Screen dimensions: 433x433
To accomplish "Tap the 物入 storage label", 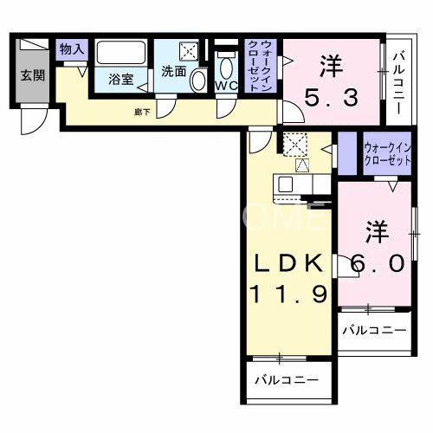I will tap(71, 49).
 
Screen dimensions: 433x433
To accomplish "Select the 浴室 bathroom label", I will tap(120, 79).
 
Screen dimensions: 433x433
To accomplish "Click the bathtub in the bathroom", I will tap(120, 53).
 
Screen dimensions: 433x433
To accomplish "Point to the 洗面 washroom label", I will tap(174, 72).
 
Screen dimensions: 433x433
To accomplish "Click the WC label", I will tap(226, 86).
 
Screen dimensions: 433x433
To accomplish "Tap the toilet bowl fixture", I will tap(227, 65).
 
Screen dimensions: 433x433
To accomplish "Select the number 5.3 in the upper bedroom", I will tap(330, 99).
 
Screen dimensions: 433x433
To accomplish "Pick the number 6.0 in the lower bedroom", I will tap(378, 262).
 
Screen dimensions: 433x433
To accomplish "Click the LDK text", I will tap(289, 262).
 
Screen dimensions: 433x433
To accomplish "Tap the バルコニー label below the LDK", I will tap(286, 380).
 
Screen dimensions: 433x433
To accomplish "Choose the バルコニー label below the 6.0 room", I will tap(372, 330).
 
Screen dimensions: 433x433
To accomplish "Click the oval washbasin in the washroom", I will tap(198, 82).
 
